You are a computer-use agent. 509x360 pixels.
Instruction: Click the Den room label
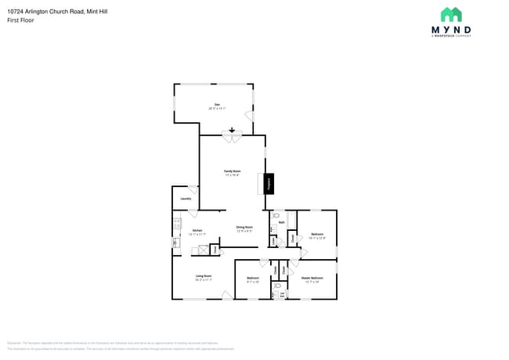pyautogui.click(x=217, y=106)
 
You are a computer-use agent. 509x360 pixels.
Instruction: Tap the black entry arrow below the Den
pyautogui.click(x=232, y=130)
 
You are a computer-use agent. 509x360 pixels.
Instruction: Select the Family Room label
pyautogui.click(x=232, y=172)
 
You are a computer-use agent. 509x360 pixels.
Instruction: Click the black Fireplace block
pyautogui.click(x=269, y=184)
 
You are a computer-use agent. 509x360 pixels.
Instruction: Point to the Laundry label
pyautogui.click(x=186, y=199)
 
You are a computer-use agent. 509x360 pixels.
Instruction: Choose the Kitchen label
pyautogui.click(x=197, y=232)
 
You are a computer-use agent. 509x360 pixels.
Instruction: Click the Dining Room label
pyautogui.click(x=244, y=229)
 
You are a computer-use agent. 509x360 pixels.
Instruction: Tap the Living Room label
pyautogui.click(x=204, y=278)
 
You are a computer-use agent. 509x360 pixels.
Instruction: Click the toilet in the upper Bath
pyautogui.click(x=276, y=214)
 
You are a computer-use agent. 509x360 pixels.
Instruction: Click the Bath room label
pyautogui.click(x=281, y=223)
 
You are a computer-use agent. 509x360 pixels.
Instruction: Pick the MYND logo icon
pyautogui.click(x=451, y=15)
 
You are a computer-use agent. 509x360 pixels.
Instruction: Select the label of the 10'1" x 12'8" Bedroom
pyautogui.click(x=317, y=236)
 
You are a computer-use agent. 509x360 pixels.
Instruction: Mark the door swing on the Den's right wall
pyautogui.click(x=250, y=117)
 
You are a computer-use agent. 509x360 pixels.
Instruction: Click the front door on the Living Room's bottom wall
pyautogui.click(x=227, y=294)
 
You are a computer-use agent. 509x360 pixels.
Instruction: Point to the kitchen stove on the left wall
pyautogui.click(x=176, y=227)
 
